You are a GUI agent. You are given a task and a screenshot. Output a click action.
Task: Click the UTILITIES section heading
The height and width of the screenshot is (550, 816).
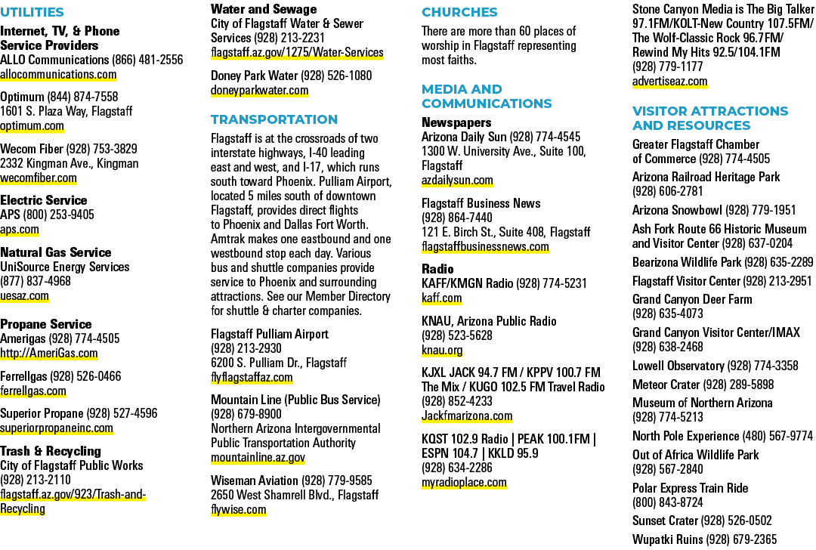tap(32, 12)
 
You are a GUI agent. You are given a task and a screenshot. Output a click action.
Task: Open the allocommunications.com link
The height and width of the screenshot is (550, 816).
tap(58, 74)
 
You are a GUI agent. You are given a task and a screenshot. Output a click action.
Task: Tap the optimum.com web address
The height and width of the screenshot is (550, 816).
tap(32, 126)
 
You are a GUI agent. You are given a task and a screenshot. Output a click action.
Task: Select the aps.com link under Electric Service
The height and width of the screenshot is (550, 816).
tap(19, 230)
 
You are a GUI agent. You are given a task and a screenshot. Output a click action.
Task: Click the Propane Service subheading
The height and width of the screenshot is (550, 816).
tap(46, 324)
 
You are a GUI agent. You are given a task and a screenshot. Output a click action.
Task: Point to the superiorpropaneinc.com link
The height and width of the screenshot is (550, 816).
tap(57, 428)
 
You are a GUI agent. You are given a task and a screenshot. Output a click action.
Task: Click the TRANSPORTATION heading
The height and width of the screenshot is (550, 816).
tap(274, 119)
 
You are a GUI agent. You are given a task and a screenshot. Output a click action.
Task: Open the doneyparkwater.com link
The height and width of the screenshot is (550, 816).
tap(260, 91)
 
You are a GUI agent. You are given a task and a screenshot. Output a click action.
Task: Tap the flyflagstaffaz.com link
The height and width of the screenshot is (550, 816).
tap(252, 377)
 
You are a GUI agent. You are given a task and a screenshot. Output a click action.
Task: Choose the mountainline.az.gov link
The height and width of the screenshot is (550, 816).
tap(258, 458)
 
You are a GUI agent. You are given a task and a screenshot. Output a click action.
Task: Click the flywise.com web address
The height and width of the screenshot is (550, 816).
tap(238, 509)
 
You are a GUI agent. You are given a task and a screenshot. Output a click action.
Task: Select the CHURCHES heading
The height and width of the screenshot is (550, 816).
tap(459, 12)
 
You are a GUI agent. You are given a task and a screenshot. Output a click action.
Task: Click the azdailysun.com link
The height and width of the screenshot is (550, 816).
tap(457, 181)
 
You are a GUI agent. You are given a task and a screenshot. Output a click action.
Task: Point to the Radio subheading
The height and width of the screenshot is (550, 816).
tap(437, 269)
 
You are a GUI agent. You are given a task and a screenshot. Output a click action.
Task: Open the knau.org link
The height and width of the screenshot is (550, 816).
tap(442, 351)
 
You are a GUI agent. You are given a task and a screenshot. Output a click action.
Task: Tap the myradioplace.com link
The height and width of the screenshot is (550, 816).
tap(464, 482)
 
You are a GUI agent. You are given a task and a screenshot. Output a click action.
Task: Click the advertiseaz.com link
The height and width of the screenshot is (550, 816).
tap(669, 81)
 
